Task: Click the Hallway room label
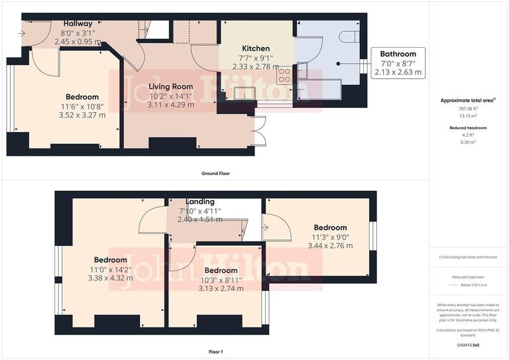77,23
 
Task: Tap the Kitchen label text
255,49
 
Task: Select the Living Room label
171,86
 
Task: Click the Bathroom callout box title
399,54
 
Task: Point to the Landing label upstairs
199,202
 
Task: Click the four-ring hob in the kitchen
286,76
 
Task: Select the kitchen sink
241,91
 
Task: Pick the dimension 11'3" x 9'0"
330,237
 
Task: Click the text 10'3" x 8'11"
221,280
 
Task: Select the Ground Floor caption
215,173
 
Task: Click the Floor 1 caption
215,352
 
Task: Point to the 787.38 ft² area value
468,109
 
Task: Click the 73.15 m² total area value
468,115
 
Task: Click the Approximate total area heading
468,100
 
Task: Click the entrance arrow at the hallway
23,32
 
